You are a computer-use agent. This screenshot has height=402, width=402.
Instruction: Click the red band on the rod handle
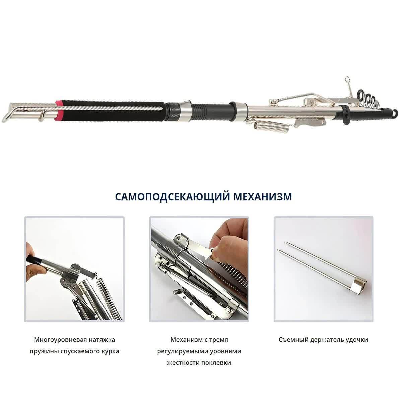click(59, 110)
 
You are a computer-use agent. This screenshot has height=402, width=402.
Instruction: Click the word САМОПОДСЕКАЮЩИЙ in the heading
click(173, 197)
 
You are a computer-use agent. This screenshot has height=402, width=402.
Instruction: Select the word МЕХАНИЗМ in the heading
click(262, 197)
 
